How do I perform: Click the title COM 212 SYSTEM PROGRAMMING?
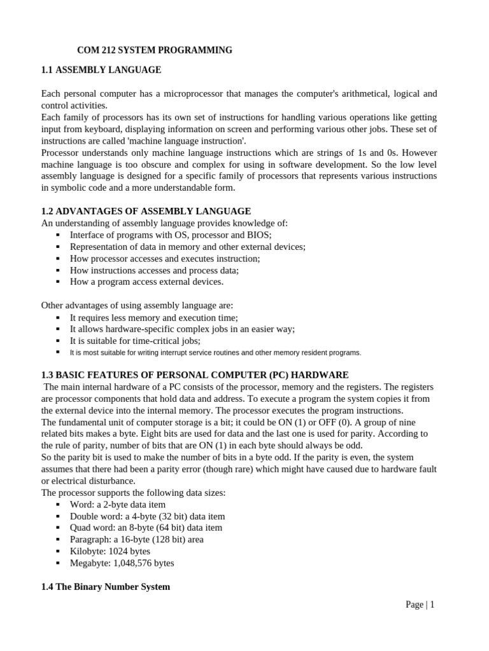coord(155,50)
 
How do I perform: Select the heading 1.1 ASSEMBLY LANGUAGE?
coord(101,70)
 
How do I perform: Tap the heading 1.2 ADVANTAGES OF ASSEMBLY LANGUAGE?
coord(146,211)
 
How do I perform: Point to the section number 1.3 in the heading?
coord(48,375)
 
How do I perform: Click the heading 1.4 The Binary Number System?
coord(106,587)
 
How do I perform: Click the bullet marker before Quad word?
coord(57,528)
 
